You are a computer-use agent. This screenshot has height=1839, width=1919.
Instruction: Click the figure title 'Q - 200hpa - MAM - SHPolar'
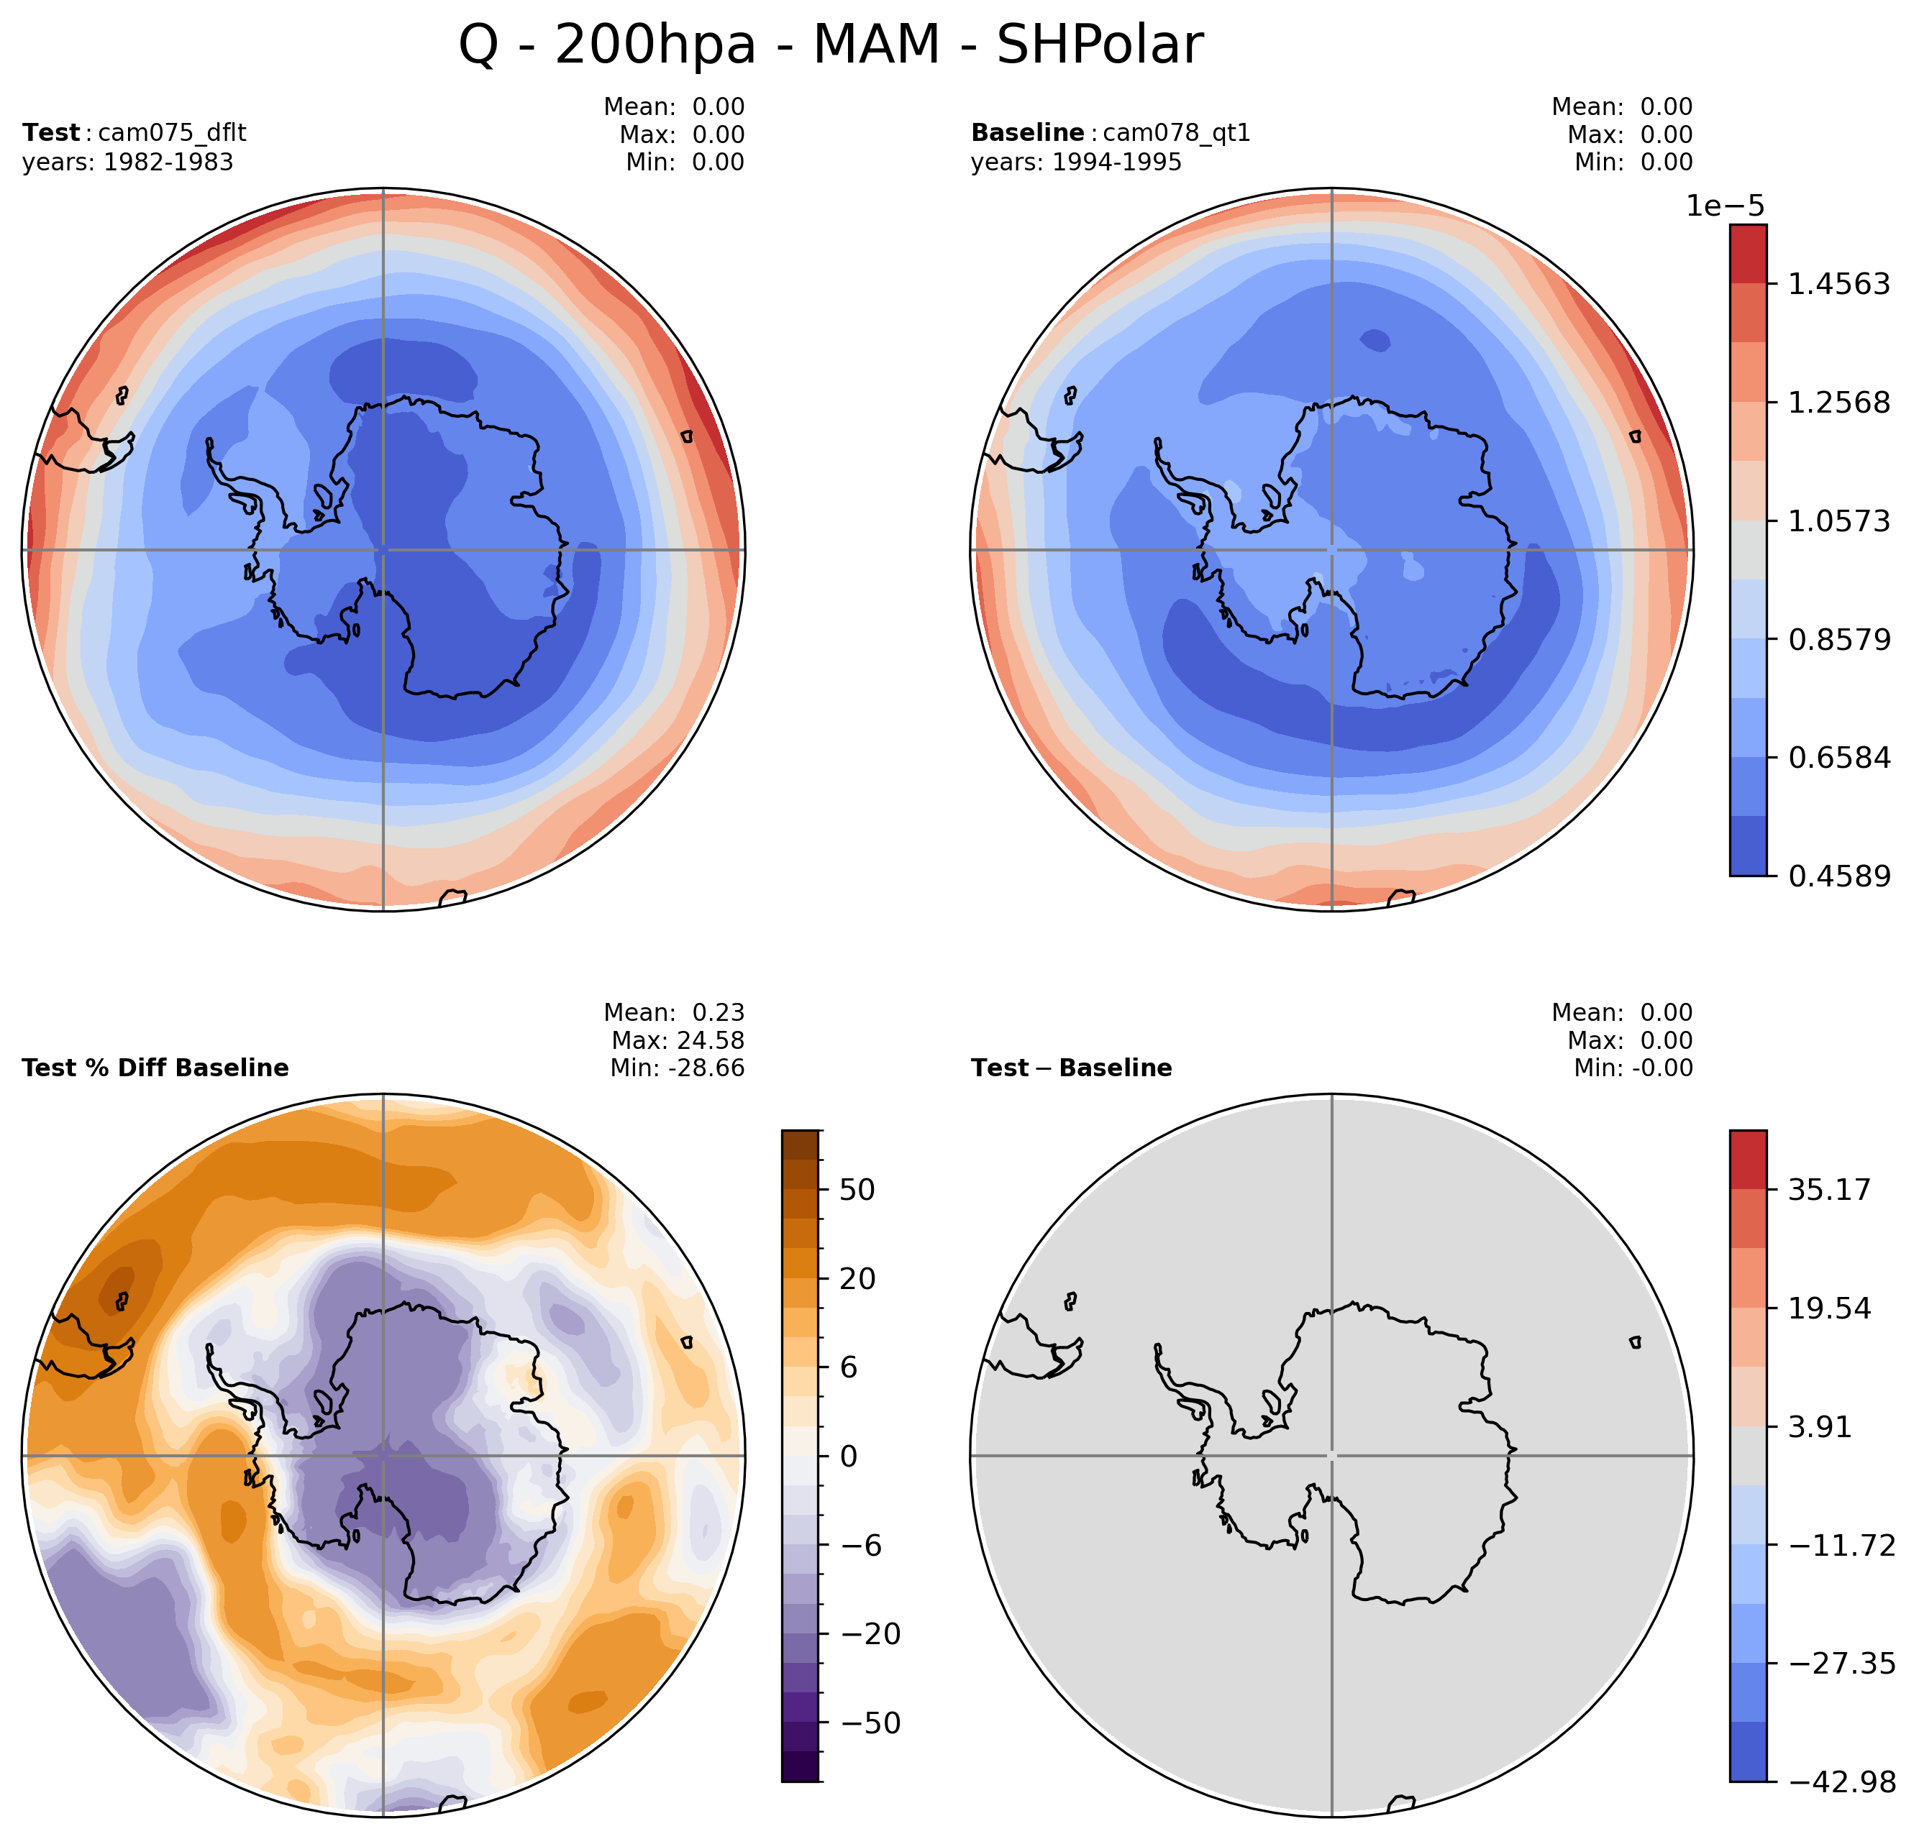(x=830, y=45)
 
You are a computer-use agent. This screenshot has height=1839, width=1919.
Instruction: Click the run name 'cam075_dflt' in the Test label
(x=173, y=132)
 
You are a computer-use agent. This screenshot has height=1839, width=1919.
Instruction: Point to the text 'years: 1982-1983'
(x=128, y=162)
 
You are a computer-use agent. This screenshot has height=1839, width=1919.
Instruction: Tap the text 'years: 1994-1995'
(x=1076, y=162)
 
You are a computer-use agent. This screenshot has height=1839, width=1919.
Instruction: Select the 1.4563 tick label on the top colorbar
(x=1838, y=284)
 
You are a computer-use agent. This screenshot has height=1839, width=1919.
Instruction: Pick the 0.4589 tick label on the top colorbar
(x=1838, y=876)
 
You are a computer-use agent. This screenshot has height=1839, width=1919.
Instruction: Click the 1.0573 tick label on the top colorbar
(x=1838, y=520)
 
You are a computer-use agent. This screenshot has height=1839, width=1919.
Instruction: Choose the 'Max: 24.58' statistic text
(x=678, y=1040)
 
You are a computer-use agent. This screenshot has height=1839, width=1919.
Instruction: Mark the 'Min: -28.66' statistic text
(x=677, y=1068)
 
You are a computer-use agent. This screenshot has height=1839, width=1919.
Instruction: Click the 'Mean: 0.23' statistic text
(x=674, y=1012)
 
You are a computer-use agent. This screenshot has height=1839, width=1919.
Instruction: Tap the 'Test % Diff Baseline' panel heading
(x=155, y=1068)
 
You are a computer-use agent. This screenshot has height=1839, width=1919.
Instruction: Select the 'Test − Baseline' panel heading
(x=1071, y=1068)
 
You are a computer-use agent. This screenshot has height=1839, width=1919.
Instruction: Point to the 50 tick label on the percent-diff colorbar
(x=857, y=1190)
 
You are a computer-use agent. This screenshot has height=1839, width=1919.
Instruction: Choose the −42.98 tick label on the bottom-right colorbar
(x=1841, y=1781)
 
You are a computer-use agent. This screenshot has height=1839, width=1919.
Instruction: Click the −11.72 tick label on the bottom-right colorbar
(x=1841, y=1546)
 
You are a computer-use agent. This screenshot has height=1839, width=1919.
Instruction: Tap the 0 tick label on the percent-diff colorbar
(x=848, y=1457)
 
